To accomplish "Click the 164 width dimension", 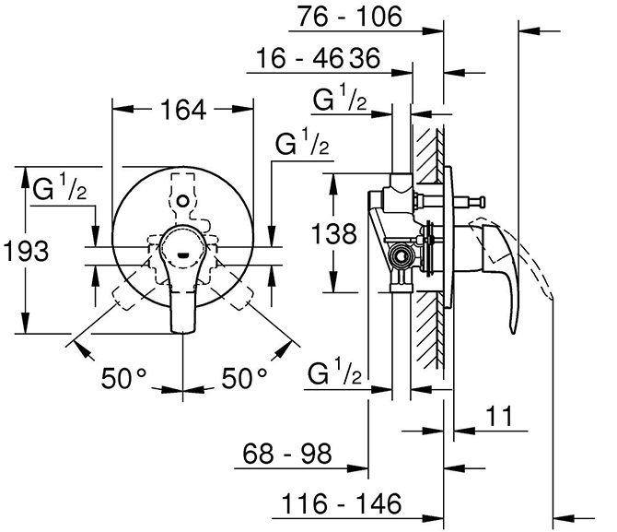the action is click(183, 110).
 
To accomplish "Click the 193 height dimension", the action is click(26, 251).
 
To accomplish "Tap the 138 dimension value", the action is click(333, 233).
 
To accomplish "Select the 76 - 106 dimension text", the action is click(349, 17).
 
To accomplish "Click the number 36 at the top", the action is click(366, 58).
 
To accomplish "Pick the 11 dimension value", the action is click(500, 416).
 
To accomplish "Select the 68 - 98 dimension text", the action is click(287, 454).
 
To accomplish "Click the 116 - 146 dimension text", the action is click(342, 503).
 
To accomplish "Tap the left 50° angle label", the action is click(123, 378).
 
